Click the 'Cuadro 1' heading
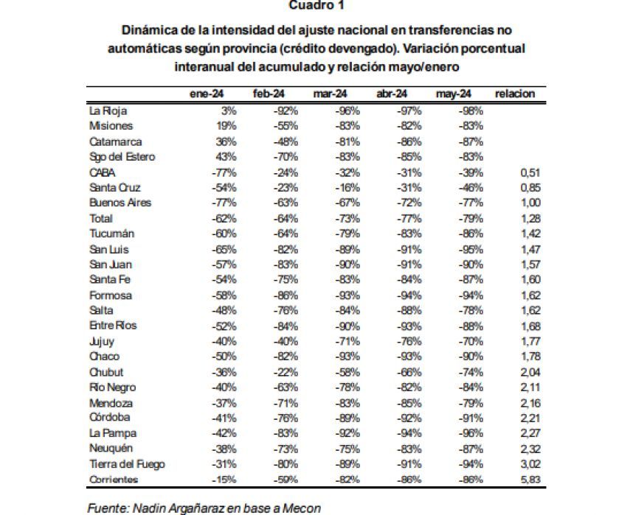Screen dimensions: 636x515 (x=317, y=5)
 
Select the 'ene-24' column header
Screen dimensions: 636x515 (x=207, y=94)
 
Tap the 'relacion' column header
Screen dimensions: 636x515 (x=515, y=94)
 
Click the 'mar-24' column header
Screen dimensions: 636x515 (x=330, y=94)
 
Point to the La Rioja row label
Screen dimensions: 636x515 (x=108, y=111)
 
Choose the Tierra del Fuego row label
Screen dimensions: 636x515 (x=127, y=464)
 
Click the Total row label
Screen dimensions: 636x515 (x=101, y=218)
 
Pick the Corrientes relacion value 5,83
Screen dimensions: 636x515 (x=530, y=480)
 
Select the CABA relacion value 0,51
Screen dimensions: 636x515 (x=530, y=172)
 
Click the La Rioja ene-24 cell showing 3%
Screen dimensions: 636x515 (x=229, y=111)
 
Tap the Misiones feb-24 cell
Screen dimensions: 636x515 (x=286, y=126)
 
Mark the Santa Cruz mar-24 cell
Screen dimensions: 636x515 (x=348, y=188)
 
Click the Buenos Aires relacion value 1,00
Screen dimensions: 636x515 (x=530, y=203)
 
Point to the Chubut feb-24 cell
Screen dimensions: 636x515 (x=286, y=372)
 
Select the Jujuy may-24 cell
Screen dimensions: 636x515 (x=471, y=341)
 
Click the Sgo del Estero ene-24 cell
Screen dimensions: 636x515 (x=226, y=157)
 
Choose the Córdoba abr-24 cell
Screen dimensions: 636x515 (x=409, y=418)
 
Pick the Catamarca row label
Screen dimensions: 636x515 (x=116, y=141)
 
